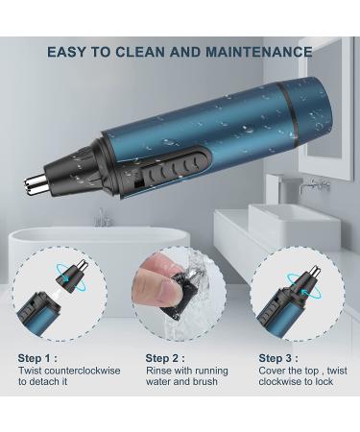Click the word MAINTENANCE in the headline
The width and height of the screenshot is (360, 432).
click(259, 52)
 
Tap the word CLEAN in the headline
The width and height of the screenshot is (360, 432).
click(139, 52)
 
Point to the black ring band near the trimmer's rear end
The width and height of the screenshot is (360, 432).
click(290, 115)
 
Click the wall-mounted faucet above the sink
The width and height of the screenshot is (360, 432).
click(314, 184)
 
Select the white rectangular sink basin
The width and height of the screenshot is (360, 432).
click(294, 227)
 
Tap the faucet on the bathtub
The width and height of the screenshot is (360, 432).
click(103, 218)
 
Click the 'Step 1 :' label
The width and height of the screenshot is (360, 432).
click(37, 358)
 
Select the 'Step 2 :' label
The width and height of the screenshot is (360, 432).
click(165, 358)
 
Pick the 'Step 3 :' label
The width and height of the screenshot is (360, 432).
click(278, 358)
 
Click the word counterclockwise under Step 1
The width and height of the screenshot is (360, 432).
click(83, 371)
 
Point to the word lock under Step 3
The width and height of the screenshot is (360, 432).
click(323, 381)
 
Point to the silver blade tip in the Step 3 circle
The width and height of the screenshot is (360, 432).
click(315, 272)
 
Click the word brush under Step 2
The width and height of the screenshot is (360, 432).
click(205, 381)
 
